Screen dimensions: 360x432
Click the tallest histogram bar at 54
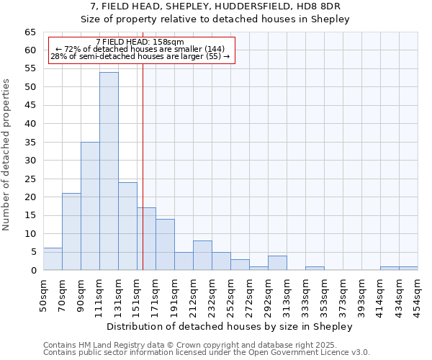tap(109, 171)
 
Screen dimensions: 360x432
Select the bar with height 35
tap(90, 206)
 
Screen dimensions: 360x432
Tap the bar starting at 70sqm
tap(71, 232)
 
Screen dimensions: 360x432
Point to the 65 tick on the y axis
tap(30, 32)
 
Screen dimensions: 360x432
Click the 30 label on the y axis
tap(30, 161)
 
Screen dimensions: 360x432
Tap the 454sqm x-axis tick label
tap(418, 294)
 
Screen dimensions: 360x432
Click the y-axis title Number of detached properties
tap(6, 155)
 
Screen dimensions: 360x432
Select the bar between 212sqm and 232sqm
tap(202, 256)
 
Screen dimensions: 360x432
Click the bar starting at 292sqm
tap(277, 263)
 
